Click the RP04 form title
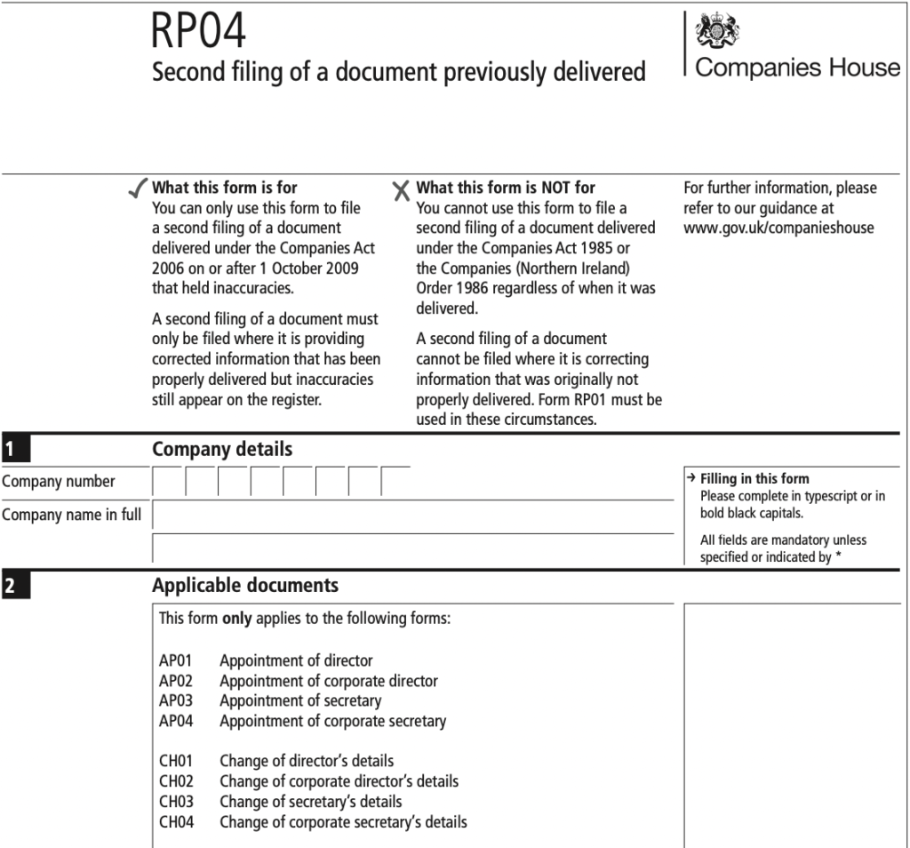coord(198,32)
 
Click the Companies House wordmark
coord(797,68)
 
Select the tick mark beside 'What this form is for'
coord(139,188)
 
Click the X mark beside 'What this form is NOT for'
coord(402,189)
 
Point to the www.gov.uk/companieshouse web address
coord(778,228)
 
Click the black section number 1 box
coord(15,449)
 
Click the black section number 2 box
coord(15,586)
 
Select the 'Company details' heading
coord(221,449)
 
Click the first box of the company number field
coord(169,482)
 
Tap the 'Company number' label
coord(59,482)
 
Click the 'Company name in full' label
coord(71,515)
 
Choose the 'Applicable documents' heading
coord(245,586)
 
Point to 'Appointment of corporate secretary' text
coord(332,721)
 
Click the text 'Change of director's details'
coord(307,761)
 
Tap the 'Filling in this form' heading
coord(754,478)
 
